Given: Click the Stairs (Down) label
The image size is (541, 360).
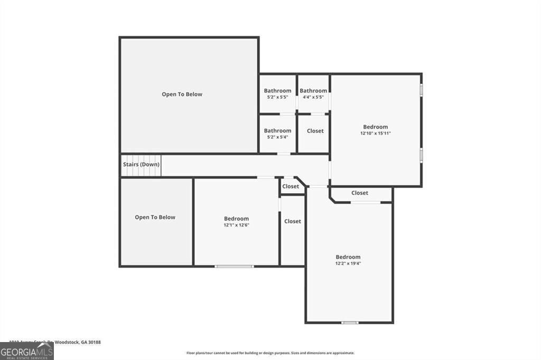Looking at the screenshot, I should pos(141,164).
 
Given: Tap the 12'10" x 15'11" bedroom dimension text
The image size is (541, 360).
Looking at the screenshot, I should pos(376,134).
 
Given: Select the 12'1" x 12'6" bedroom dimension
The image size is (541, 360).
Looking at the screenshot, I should pos(236,225).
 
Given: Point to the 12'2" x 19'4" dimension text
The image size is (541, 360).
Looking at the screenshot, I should pos(348,263).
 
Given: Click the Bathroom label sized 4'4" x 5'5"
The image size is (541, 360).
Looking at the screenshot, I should pos(313,91).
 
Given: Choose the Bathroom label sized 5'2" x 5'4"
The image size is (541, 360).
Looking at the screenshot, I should pos(277,131).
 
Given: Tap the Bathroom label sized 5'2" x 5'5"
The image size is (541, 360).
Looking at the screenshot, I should pos(277,91).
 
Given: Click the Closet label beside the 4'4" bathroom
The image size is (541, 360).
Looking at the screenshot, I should pos(315,131).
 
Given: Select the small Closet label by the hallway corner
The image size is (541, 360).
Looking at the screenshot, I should pos(291,186).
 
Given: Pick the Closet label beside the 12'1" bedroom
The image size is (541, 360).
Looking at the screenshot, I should pos(293,221).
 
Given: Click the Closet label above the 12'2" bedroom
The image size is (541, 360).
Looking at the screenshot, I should pos(360,193).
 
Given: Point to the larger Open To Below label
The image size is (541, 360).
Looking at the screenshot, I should pos(182,94).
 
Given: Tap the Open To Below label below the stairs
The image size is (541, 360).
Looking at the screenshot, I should pos(155,217).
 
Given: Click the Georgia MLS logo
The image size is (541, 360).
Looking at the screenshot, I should pos(26,351).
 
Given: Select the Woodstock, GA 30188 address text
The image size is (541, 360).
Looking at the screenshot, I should pos(79,342).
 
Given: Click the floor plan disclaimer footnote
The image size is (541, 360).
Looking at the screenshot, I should pos(270,353).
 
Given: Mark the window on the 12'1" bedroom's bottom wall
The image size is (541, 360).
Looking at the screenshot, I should pos(234,266).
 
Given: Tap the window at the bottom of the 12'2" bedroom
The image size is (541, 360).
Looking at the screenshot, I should pos(350,323).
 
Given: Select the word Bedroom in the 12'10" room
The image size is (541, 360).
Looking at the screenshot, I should pos(376,127).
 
